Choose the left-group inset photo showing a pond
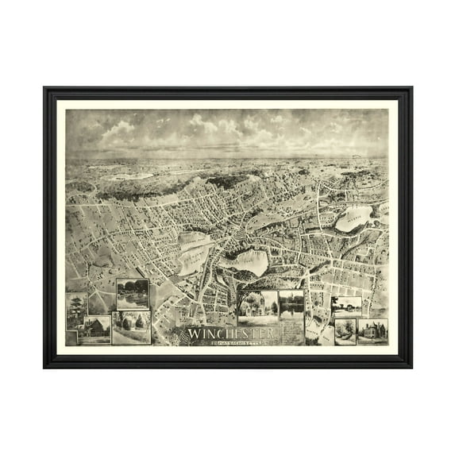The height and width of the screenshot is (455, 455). pyautogui.click(x=132, y=294)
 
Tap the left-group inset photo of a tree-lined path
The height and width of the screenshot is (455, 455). pyautogui.click(x=131, y=327)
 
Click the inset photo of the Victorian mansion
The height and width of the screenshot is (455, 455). pyautogui.click(x=372, y=330)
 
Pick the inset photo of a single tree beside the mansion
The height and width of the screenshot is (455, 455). pyautogui.click(x=345, y=330)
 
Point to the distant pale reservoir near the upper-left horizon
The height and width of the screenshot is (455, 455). pyautogui.click(x=119, y=178)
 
